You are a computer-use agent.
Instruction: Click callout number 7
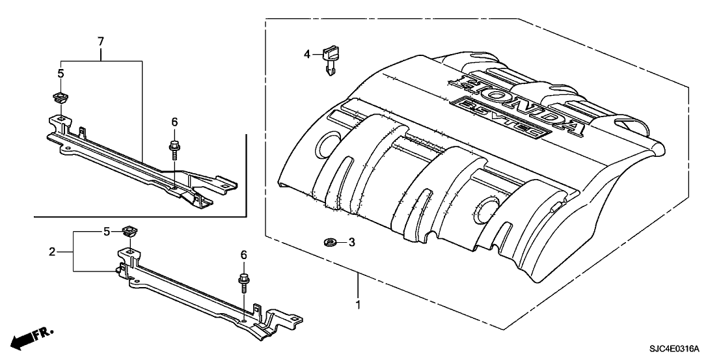tap(101, 42)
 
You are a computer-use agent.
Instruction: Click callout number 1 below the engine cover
tap(357, 303)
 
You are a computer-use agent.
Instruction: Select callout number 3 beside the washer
tap(351, 243)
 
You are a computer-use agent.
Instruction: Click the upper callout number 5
tap(61, 74)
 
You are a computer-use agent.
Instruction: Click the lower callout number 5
tap(106, 231)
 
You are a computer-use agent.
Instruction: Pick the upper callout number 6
tap(174, 122)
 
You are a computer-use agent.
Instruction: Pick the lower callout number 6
tap(244, 256)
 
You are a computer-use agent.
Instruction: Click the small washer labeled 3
tap(329, 243)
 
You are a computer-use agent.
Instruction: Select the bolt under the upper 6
tap(174, 148)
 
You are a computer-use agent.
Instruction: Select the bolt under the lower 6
tap(243, 283)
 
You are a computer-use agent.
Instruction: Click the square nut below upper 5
tap(61, 98)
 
